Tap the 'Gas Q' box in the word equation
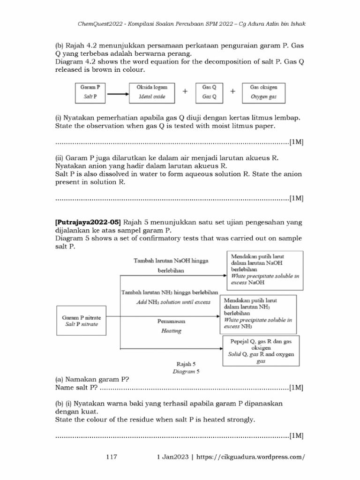click(209, 92)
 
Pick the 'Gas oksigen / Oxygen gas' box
click(263, 92)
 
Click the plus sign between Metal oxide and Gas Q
click(185, 92)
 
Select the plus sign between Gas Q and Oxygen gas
click(233, 92)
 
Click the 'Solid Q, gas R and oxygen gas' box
click(261, 349)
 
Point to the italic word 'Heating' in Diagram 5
click(171, 330)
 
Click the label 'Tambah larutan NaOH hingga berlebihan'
click(171, 265)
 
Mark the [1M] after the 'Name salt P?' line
click(296, 387)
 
